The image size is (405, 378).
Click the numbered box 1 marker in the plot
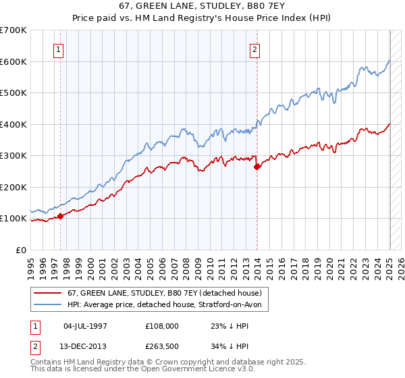click(58, 49)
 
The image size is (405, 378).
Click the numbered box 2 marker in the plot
click(254, 49)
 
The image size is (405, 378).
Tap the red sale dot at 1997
click(60, 216)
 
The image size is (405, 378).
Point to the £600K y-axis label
click(13, 61)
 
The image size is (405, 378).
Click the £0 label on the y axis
click(21, 250)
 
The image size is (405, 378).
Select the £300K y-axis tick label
click(13, 155)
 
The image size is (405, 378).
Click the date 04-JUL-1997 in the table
click(85, 325)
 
